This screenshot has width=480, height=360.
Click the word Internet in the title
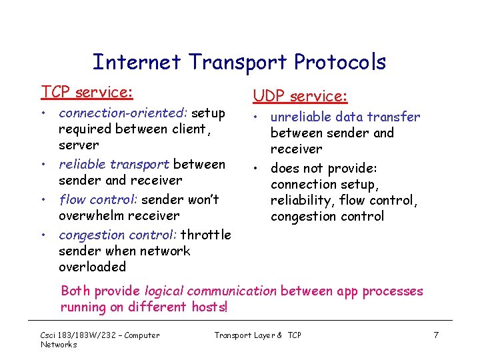[137, 62]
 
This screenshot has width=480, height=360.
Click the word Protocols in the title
[338, 62]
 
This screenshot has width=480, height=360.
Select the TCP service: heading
[87, 91]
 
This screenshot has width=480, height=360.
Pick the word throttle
[206, 235]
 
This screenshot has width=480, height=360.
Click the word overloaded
[92, 267]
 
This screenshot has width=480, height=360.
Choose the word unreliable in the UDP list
[301, 117]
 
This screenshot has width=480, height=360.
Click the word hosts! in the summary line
[209, 307]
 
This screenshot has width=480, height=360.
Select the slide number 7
[435, 335]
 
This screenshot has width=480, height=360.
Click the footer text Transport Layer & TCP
[257, 335]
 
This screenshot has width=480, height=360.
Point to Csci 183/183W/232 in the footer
[73, 335]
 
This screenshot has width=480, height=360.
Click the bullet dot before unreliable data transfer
[256, 117]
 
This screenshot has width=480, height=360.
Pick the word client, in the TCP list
[190, 129]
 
